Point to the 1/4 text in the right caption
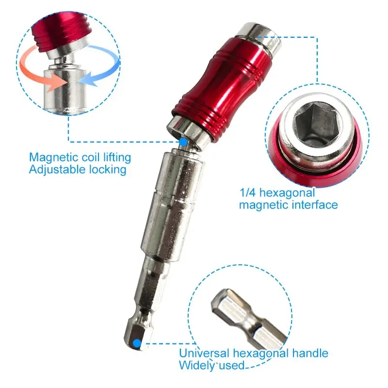(x=248, y=193)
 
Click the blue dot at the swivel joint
(x=183, y=142)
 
